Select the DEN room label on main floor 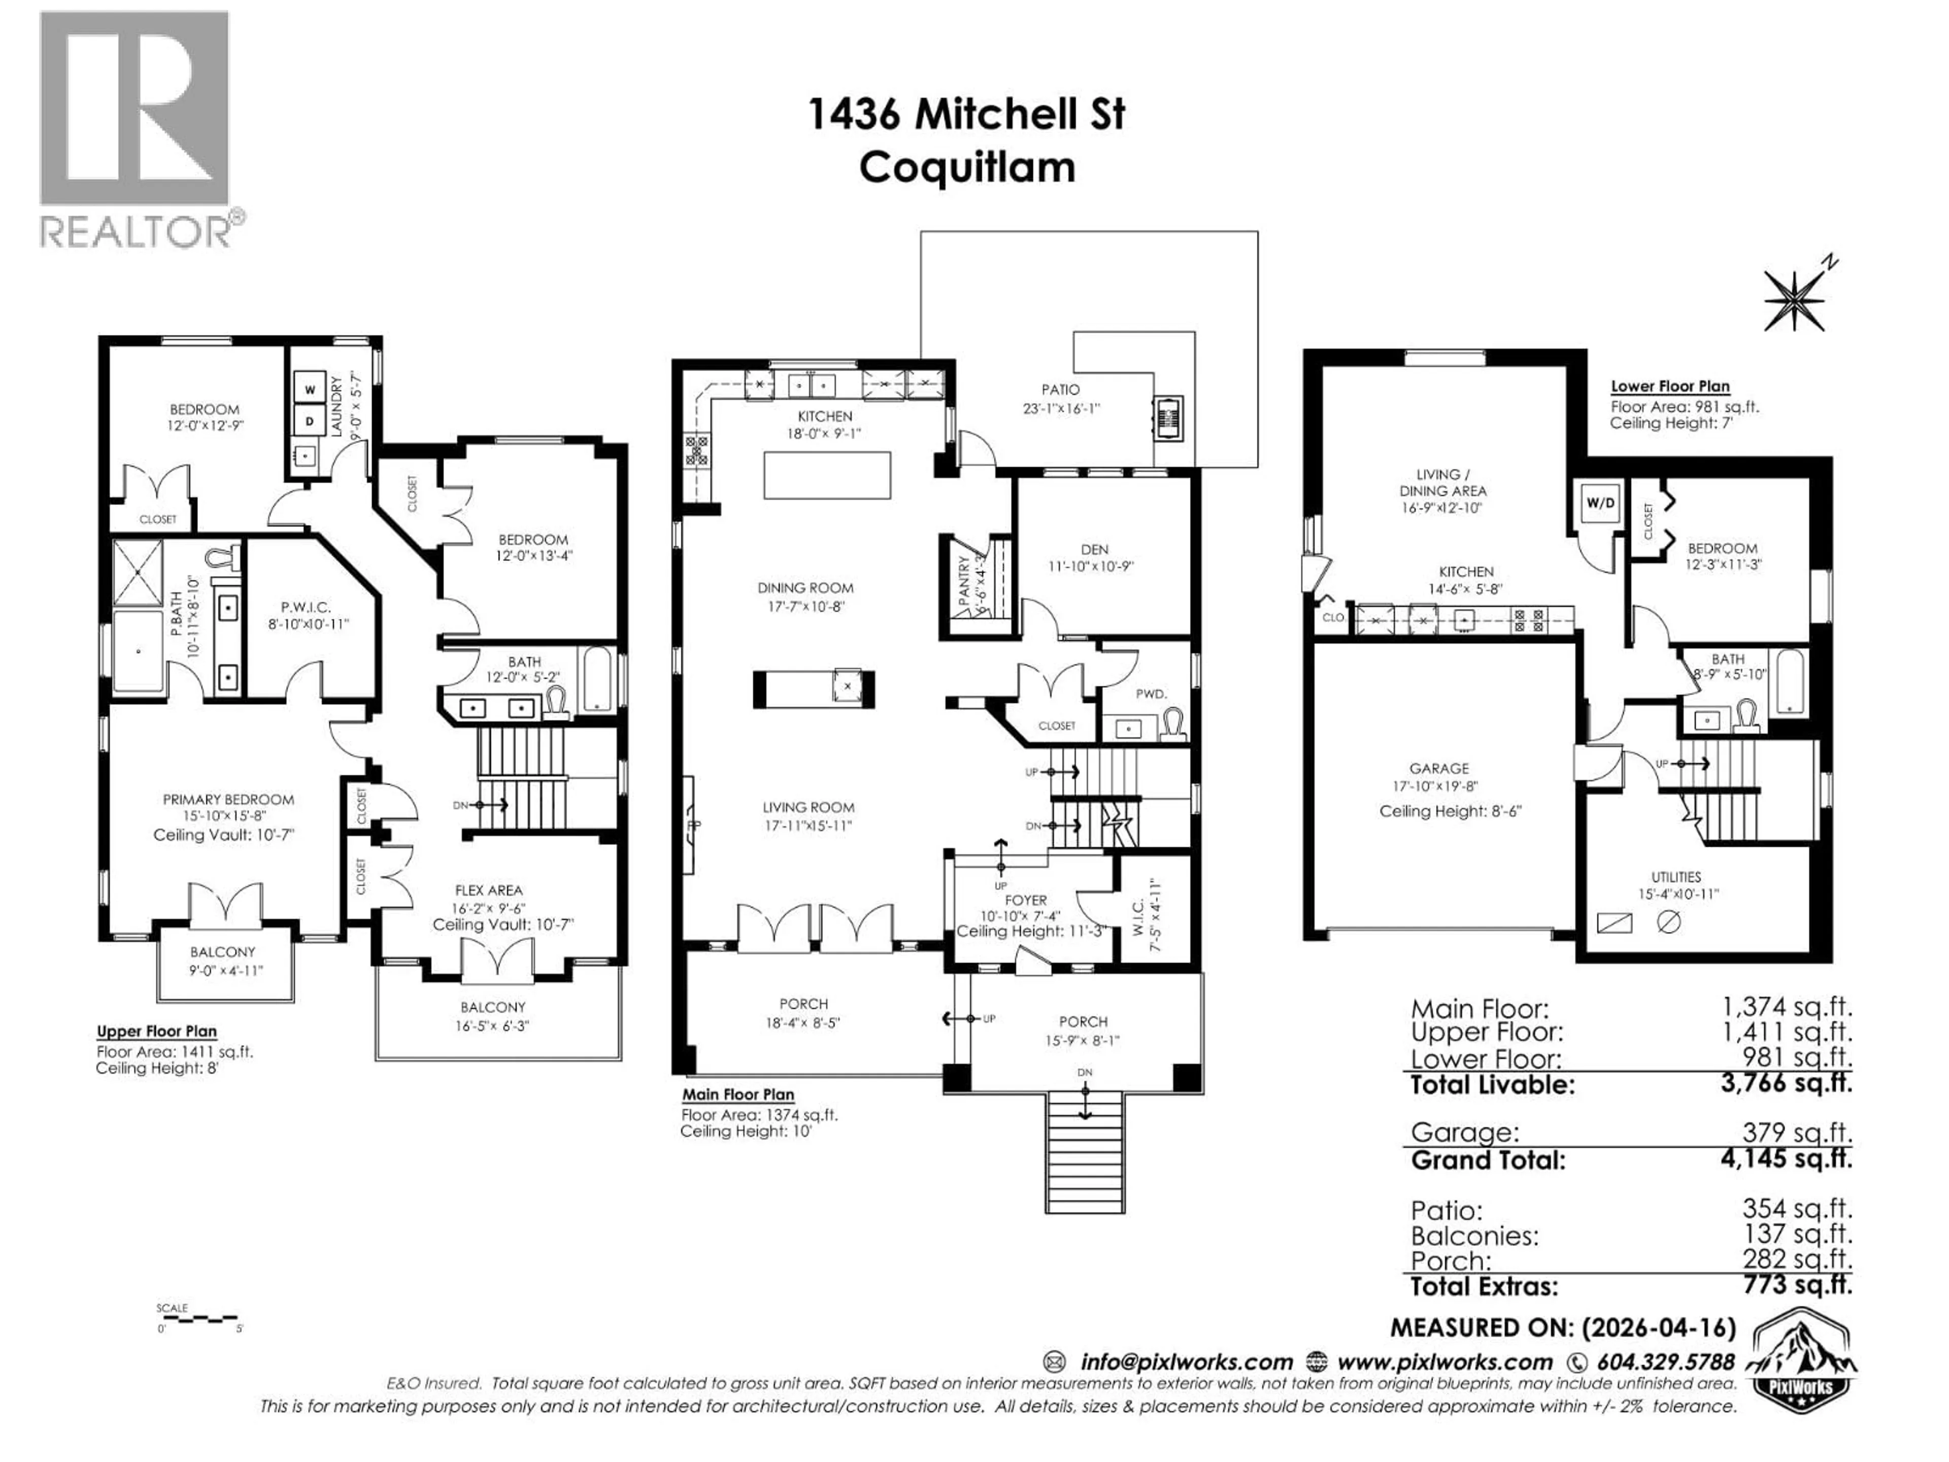[x=1094, y=549]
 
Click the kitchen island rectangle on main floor [x=826, y=476]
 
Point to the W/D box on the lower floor [x=1600, y=503]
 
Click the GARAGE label [x=1439, y=769]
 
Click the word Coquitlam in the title [x=966, y=168]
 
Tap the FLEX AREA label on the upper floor [x=488, y=890]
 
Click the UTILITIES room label [x=1675, y=877]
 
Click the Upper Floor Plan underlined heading [x=157, y=1031]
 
